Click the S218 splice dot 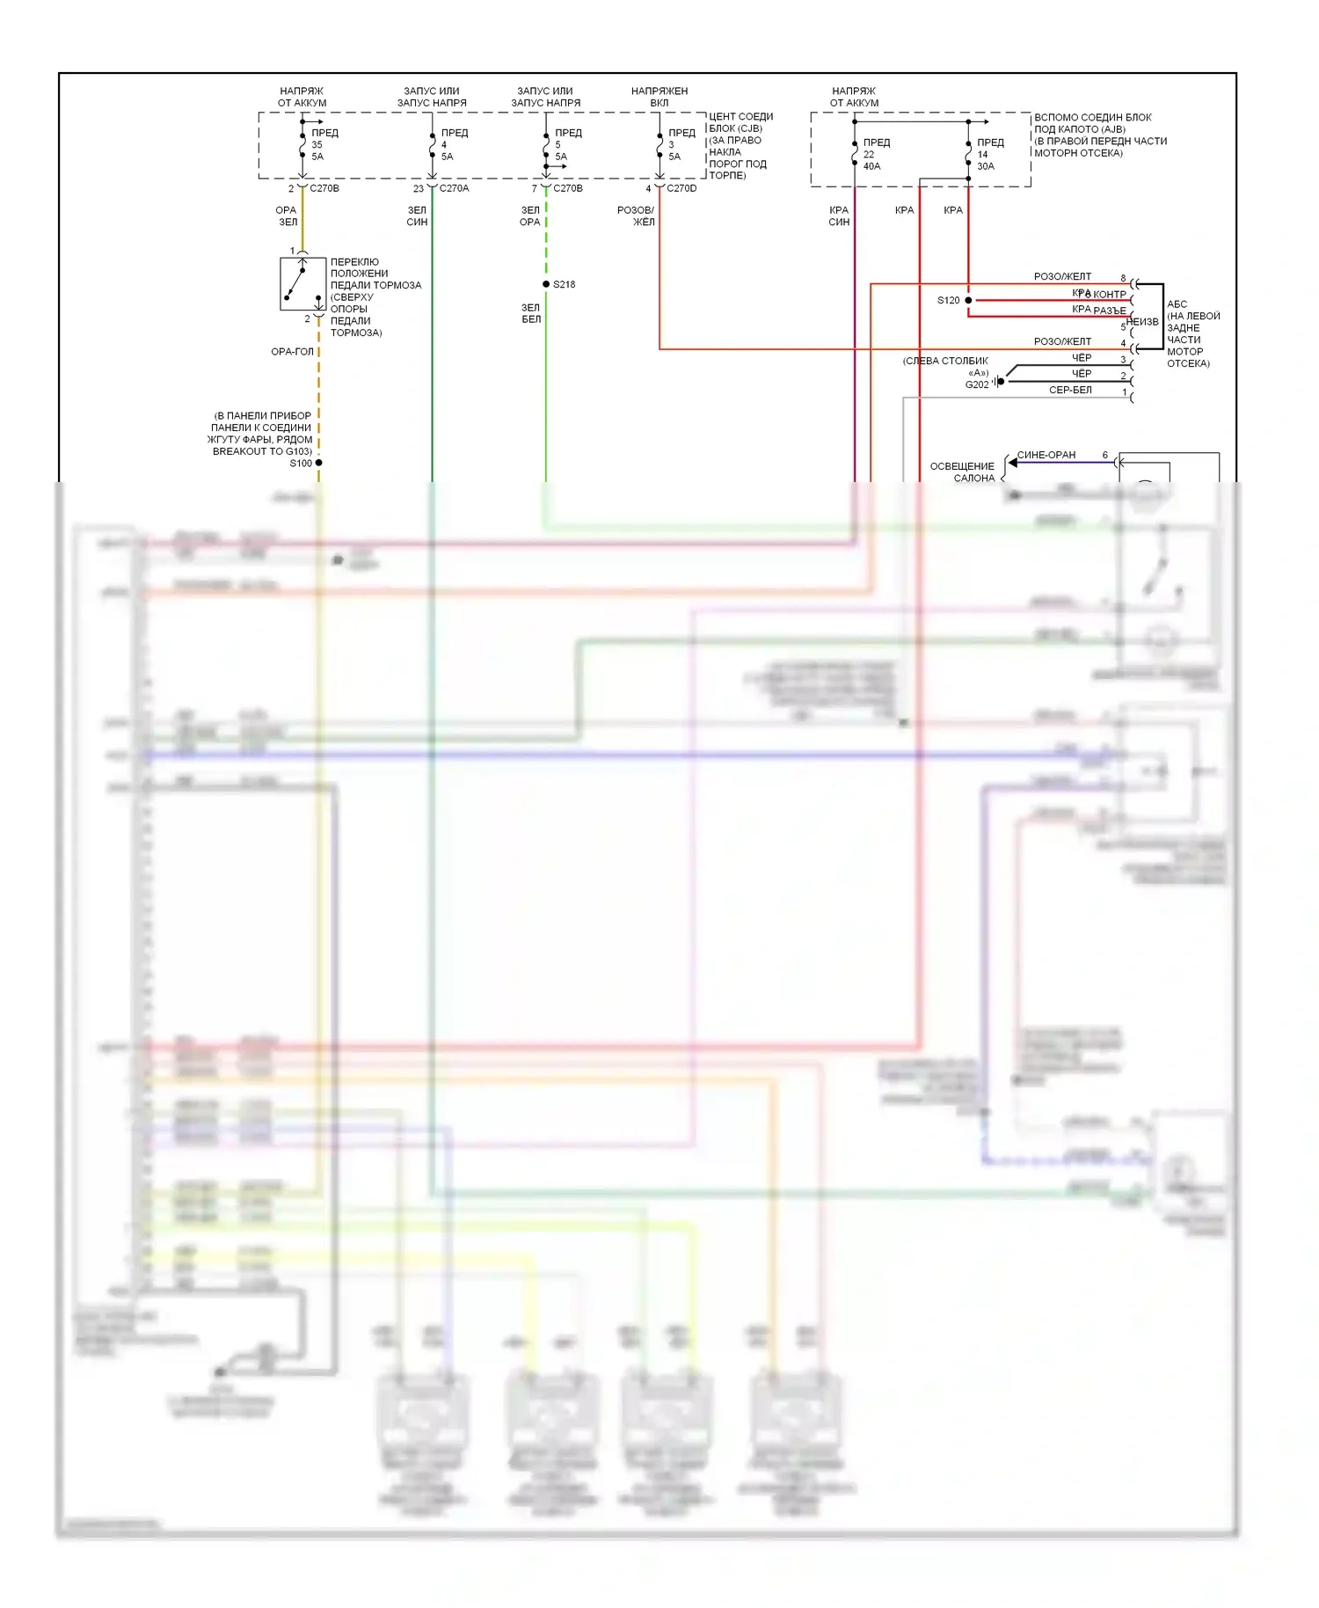click(x=546, y=284)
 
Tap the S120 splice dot click(x=968, y=300)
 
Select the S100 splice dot click(x=318, y=463)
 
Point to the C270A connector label click(x=454, y=188)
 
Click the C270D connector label click(x=681, y=188)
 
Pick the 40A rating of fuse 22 click(x=871, y=166)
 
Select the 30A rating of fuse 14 click(x=986, y=166)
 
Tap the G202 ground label click(x=977, y=384)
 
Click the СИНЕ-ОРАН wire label click(x=1046, y=455)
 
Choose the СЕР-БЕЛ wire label click(x=1070, y=390)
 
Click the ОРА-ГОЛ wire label click(x=292, y=351)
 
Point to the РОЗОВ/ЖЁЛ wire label click(x=636, y=216)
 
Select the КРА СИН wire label click(x=839, y=216)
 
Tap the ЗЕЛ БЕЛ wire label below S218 click(x=530, y=313)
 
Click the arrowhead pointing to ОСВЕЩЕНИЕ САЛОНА click(x=1013, y=463)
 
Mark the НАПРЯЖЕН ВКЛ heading click(x=659, y=97)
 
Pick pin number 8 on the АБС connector click(x=1123, y=278)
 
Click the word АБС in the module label click(x=1177, y=304)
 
